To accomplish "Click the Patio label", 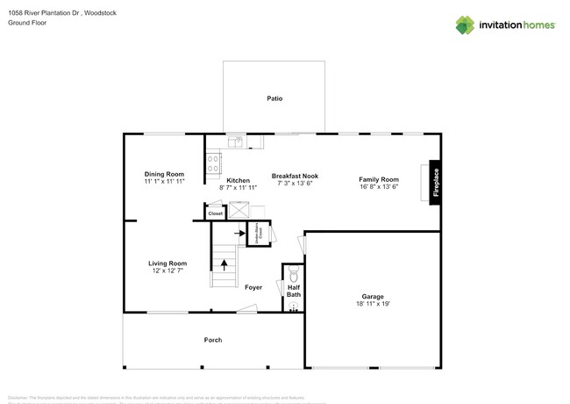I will [x=274, y=98].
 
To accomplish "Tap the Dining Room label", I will [x=164, y=174].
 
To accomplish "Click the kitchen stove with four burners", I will [x=212, y=161].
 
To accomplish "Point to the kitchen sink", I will [x=236, y=140].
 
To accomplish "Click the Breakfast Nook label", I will [x=294, y=176].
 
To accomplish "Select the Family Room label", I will [x=379, y=179].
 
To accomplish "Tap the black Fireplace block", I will [x=434, y=183].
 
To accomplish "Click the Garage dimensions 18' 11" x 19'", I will [x=373, y=303].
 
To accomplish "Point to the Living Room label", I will [x=167, y=263].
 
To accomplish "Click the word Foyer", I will [x=253, y=287].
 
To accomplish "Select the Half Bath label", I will [x=294, y=291].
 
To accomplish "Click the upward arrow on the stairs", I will [x=224, y=262].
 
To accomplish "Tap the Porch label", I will [x=212, y=340].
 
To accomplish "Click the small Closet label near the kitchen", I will [x=215, y=213].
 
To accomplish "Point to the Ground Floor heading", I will [x=27, y=23].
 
